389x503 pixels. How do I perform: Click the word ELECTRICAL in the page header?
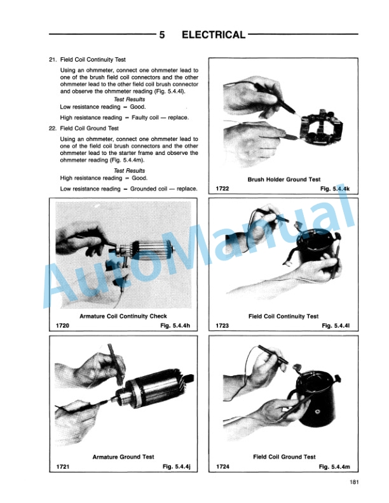tap(214, 35)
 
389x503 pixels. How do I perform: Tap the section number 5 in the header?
tap(162, 35)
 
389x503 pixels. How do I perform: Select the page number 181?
tap(354, 482)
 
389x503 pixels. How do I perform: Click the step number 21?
tap(52, 60)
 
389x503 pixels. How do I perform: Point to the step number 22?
tap(52, 128)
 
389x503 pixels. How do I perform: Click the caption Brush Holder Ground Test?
tap(284, 180)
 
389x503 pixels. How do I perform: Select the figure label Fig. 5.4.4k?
tap(335, 189)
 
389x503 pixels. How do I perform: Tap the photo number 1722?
tap(222, 189)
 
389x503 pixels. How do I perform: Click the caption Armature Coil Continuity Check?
tap(123, 316)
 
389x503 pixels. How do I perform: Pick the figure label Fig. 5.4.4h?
tap(175, 326)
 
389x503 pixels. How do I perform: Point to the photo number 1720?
tap(62, 326)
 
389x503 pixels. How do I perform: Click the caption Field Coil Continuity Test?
tap(283, 317)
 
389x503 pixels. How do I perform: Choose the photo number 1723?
tap(222, 326)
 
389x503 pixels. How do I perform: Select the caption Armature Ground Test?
tap(123, 457)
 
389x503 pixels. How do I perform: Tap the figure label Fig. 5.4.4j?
tap(176, 466)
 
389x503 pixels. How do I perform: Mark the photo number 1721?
tap(63, 466)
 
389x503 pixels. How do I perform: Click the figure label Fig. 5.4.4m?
tap(334, 466)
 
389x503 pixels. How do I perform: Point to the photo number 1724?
tap(222, 466)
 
